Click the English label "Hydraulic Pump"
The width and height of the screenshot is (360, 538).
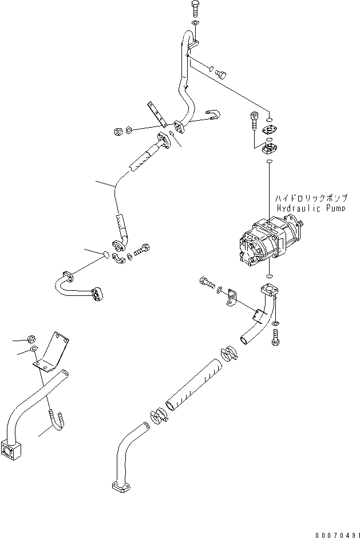[311, 209]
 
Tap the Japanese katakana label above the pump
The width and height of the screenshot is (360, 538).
[309, 198]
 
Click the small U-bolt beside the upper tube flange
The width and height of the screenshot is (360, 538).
[210, 116]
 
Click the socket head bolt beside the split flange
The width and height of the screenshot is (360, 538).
[254, 121]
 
